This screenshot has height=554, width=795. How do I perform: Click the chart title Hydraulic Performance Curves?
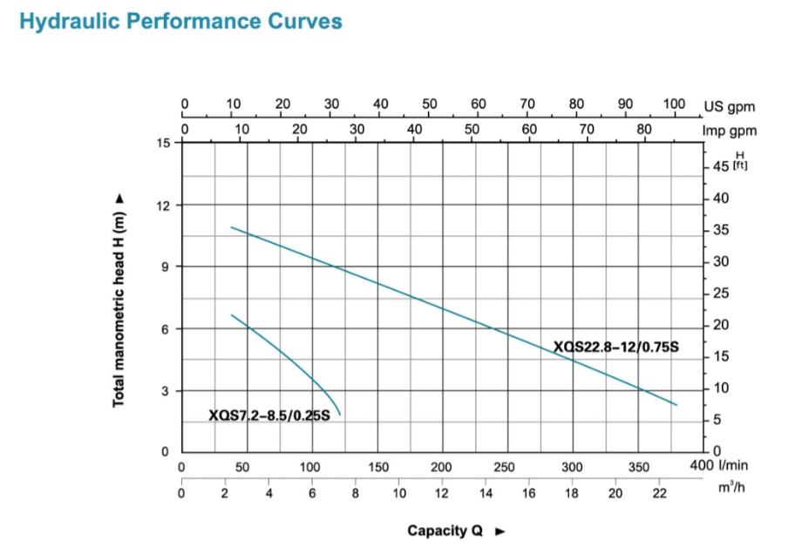coord(180,22)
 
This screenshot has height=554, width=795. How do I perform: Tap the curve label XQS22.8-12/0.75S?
coord(615,348)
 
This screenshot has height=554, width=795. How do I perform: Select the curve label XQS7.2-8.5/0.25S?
coord(269,415)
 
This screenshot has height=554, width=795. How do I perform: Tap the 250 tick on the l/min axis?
coord(506,468)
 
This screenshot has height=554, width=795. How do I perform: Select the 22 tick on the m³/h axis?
coord(659,492)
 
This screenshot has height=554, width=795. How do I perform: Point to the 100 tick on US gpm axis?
coord(674,104)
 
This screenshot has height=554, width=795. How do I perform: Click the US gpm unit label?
coord(729,108)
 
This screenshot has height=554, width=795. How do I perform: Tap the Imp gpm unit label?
coord(730,131)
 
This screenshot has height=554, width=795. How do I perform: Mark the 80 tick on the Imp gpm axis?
coord(644,130)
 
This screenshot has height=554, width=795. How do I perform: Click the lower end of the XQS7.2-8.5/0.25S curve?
coord(340,415)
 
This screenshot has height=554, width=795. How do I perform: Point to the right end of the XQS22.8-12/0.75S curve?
coord(676,405)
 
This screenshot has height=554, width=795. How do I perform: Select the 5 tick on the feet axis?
coord(718,420)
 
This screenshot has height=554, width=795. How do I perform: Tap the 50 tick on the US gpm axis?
coord(429,104)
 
